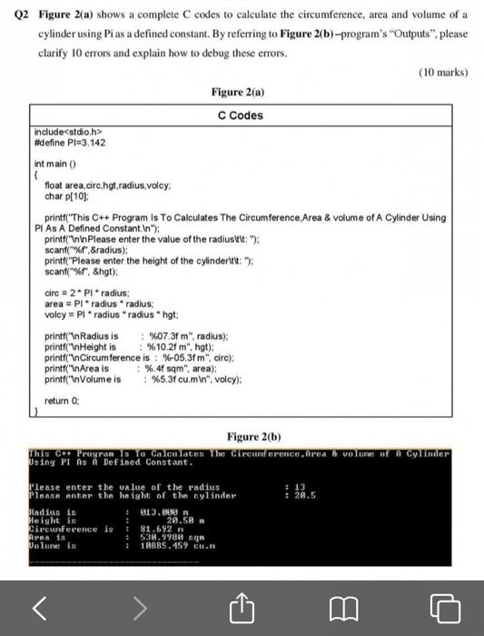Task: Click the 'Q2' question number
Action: coord(25,15)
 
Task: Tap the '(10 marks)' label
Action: coord(442,72)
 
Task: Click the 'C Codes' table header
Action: coord(241,115)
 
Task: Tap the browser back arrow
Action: coord(39,606)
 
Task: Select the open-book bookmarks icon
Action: coord(344,606)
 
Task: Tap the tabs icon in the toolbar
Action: coord(445,606)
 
